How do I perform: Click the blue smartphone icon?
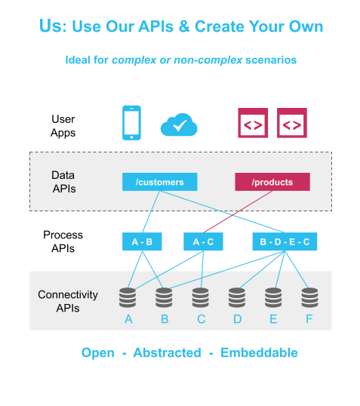click(x=131, y=123)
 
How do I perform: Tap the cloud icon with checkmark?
click(x=179, y=125)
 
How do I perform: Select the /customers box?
click(x=159, y=182)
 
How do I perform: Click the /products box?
click(x=272, y=182)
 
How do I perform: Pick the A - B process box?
click(x=142, y=241)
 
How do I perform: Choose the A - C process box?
click(x=203, y=241)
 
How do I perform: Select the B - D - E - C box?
click(x=285, y=241)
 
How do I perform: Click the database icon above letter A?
click(x=128, y=297)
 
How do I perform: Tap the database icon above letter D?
click(x=237, y=297)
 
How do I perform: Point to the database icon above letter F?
click(x=309, y=297)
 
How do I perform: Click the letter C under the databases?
click(x=202, y=319)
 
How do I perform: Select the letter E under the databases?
click(x=273, y=319)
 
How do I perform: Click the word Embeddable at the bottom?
click(x=259, y=352)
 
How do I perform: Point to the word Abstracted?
click(x=167, y=352)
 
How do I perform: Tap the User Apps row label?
click(x=63, y=126)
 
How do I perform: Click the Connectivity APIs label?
click(x=68, y=301)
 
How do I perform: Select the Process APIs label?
click(x=63, y=241)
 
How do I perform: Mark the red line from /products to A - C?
click(x=238, y=212)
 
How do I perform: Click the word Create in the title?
click(x=220, y=26)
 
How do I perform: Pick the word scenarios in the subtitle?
click(x=271, y=60)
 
